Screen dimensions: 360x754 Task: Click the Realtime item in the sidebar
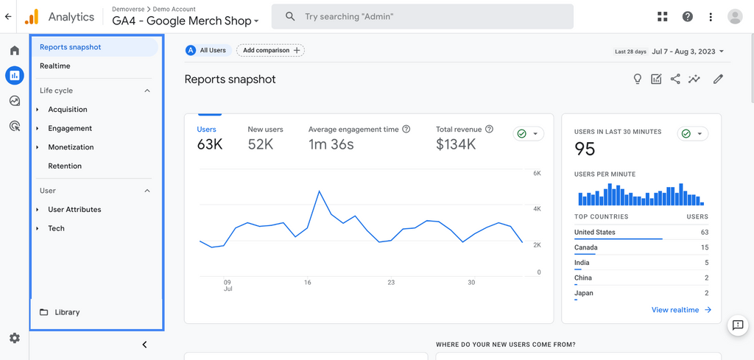[55, 66]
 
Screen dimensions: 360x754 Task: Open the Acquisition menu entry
[68, 110]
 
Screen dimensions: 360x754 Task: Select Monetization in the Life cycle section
[71, 147]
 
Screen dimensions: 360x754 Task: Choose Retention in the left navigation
[65, 166]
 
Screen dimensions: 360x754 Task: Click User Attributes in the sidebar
[74, 210]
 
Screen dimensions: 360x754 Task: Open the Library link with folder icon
[66, 312]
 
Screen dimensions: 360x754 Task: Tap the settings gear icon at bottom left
[14, 338]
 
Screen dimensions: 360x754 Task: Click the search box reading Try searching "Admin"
[422, 16]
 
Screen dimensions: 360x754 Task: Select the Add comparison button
[270, 50]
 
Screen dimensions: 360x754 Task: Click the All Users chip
[208, 50]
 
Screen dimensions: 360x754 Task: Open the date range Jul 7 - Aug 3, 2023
[688, 52]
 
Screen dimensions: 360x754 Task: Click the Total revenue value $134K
[456, 144]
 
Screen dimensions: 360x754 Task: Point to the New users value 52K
[261, 144]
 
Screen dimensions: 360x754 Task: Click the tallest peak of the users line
[319, 191]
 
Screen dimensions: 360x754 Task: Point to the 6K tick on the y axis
[537, 174]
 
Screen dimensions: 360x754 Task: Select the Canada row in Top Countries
[641, 247]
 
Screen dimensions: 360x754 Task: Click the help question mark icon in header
[687, 16]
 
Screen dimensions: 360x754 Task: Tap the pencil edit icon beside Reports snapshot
[718, 79]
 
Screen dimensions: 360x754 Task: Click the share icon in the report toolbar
[675, 79]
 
